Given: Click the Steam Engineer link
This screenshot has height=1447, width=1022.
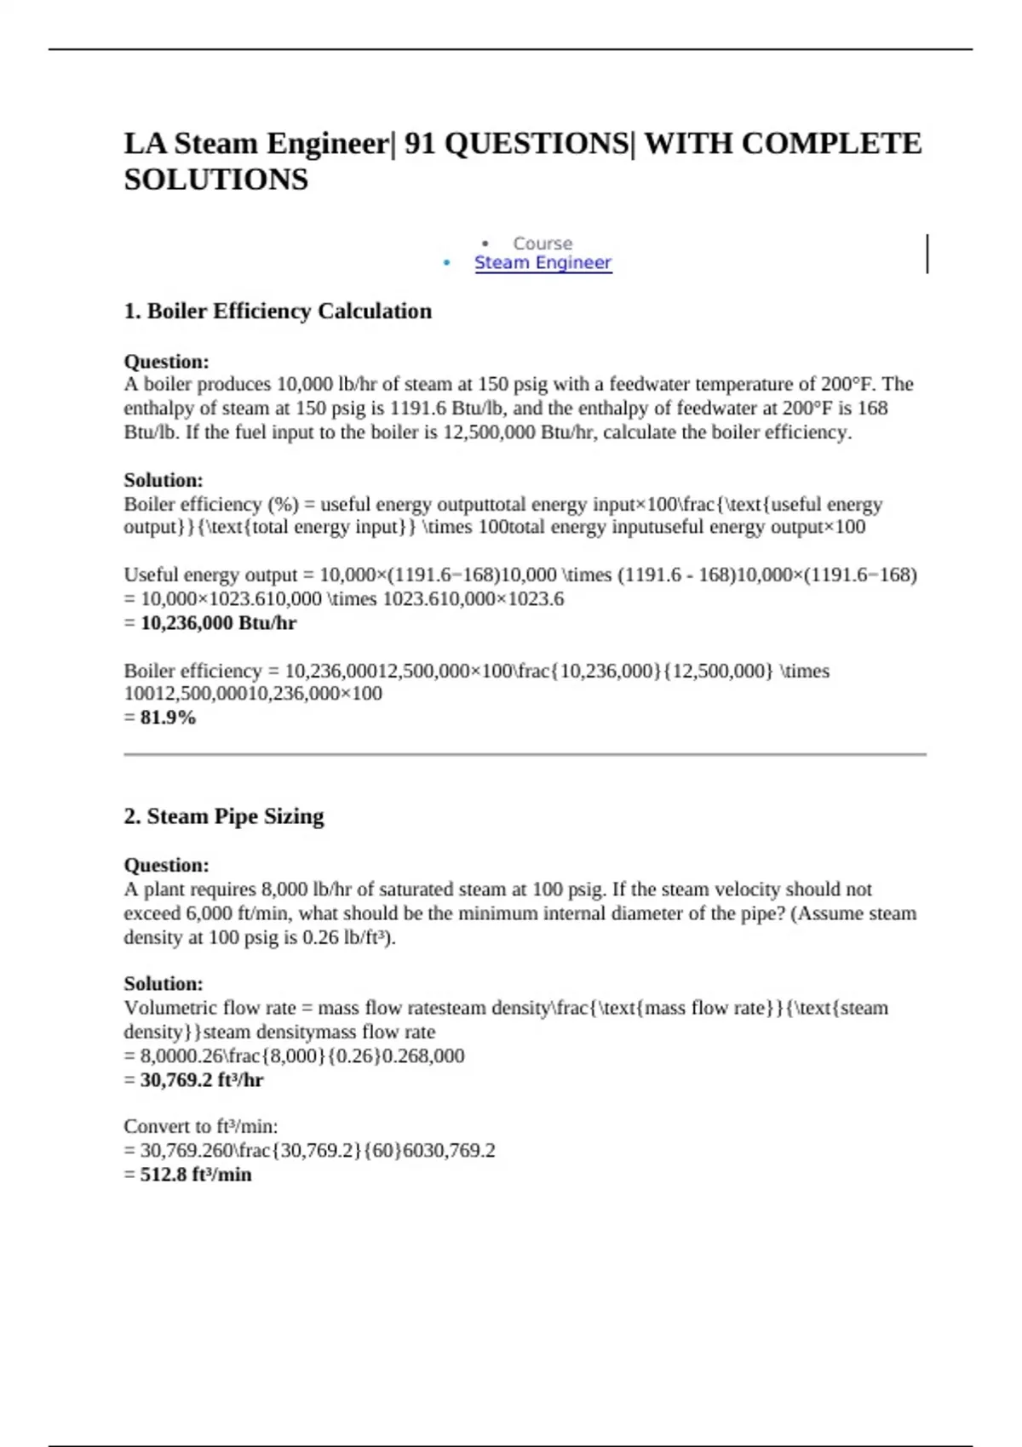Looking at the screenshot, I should coord(543,263).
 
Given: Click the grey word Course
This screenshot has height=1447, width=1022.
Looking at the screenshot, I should coord(543,243).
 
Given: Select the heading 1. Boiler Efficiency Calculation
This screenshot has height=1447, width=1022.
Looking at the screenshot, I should coord(278,312).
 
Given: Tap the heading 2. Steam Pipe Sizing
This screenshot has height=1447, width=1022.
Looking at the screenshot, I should coord(223,816).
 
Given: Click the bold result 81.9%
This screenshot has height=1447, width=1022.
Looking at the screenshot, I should coord(169,718).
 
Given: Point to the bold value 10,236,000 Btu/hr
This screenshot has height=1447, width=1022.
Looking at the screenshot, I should coord(218,623).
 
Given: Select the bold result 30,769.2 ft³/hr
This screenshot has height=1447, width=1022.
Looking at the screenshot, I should coord(202,1080).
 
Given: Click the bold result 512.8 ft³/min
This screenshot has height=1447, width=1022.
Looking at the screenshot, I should coord(196,1175).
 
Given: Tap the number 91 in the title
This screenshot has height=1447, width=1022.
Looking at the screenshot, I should coord(420,143).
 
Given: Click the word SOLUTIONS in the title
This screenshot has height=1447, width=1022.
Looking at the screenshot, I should coord(216,180).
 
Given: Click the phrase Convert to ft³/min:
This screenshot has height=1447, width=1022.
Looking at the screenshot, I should coord(201,1127).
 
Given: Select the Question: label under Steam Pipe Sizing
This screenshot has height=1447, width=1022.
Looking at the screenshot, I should coord(166,866).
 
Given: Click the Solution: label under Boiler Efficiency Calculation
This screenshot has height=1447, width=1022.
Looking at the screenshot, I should coord(164,480).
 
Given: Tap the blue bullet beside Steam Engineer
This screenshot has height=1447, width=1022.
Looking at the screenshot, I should coord(447,263).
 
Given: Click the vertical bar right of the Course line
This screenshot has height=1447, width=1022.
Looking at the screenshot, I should coord(927,254).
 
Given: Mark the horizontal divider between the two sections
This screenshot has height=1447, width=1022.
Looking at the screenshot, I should coord(525,754).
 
